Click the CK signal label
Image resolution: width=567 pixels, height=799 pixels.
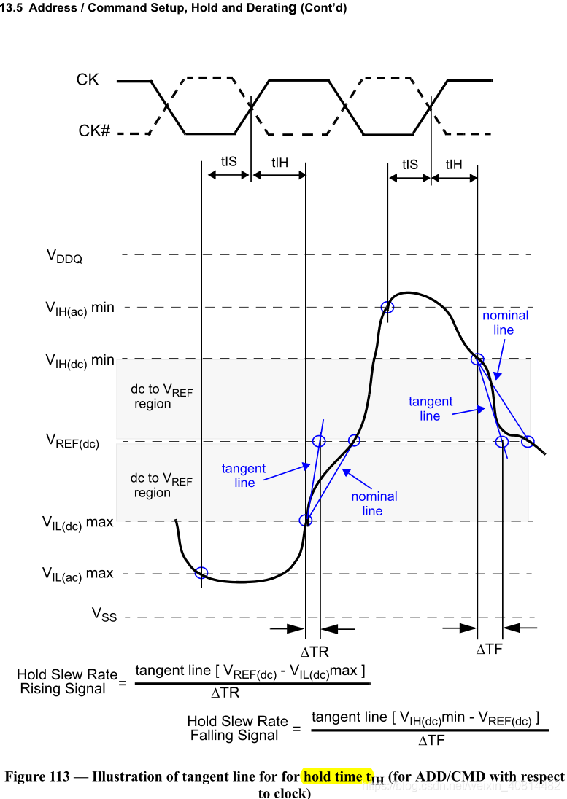(x=88, y=80)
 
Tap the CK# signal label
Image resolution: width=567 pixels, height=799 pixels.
(x=94, y=132)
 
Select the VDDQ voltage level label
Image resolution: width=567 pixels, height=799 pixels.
(x=64, y=255)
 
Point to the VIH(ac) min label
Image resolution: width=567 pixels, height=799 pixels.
(x=80, y=308)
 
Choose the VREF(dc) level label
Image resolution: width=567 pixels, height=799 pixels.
(x=72, y=440)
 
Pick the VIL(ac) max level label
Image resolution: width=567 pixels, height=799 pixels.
(x=79, y=574)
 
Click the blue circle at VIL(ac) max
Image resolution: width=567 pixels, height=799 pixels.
(x=201, y=572)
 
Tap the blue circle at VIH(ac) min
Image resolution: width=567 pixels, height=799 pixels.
(x=387, y=308)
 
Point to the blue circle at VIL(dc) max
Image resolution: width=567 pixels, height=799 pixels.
(x=306, y=521)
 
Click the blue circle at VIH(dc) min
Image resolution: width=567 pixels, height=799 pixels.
(x=477, y=359)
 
